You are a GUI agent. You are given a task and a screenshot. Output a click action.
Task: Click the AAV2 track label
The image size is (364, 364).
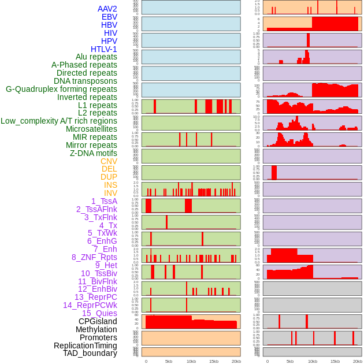[107, 9]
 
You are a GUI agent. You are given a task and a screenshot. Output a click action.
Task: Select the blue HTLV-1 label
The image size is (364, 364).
[103, 49]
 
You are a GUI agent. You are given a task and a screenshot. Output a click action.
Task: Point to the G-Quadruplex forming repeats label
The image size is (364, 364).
[61, 89]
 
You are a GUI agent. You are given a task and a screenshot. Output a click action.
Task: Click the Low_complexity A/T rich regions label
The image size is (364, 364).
[59, 121]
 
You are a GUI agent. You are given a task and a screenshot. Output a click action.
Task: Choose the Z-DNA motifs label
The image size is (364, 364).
[94, 153]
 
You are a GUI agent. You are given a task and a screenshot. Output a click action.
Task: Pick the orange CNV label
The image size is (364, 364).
[109, 161]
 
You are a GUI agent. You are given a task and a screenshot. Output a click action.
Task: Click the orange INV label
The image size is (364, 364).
[110, 193]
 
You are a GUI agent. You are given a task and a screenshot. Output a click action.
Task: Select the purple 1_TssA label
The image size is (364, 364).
[104, 201]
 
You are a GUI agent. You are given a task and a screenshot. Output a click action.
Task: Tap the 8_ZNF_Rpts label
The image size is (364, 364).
[94, 257]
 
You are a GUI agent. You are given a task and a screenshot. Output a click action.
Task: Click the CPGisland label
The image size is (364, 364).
[98, 321]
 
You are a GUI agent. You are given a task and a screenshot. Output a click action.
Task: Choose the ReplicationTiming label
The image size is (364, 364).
[85, 346]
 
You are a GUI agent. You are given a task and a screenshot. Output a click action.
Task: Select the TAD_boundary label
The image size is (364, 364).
[90, 353]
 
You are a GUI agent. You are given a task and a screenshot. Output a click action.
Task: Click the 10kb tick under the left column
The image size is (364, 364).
[191, 361]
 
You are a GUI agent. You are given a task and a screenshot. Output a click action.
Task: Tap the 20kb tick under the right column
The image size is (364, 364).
[358, 361]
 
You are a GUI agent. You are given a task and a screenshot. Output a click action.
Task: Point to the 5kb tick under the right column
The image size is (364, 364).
[290, 361]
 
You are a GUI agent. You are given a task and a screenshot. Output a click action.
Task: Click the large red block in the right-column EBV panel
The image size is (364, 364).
[335, 24]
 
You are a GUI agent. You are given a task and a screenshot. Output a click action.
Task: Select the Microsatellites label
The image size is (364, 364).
[91, 129]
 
